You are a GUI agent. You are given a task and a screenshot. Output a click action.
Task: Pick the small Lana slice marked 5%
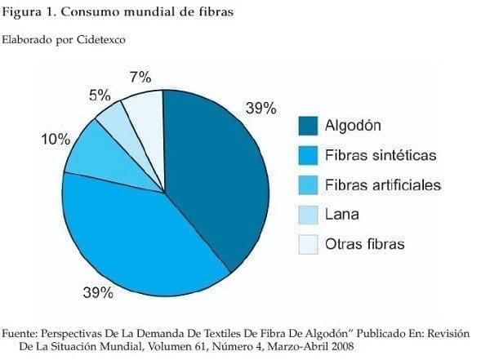point(113,122)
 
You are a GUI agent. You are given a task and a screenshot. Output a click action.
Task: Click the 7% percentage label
point(140,78)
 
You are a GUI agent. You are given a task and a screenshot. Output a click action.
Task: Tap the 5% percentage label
point(100,95)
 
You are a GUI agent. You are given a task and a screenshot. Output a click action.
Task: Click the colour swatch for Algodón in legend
point(307,126)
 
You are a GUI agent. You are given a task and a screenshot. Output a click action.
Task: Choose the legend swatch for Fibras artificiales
point(307,185)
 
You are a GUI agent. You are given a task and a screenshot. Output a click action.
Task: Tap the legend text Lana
point(341,215)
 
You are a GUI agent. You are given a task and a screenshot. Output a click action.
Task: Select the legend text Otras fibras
point(364,244)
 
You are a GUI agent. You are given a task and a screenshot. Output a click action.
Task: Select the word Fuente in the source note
point(22,333)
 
